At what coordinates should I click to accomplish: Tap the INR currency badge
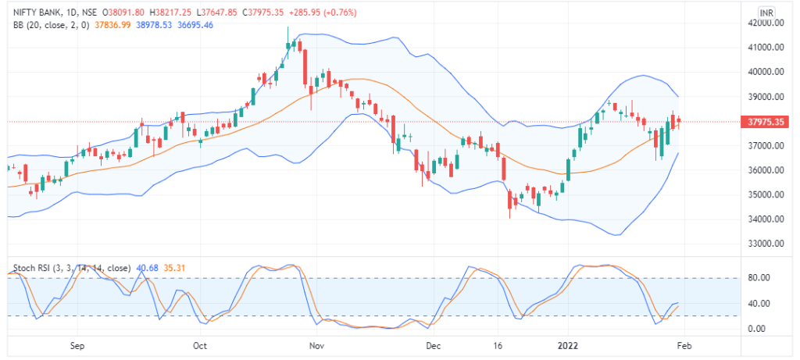767,12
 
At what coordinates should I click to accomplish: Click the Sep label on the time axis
76,344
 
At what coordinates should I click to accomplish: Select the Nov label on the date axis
316,344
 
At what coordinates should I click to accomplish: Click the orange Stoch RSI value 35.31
172,268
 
